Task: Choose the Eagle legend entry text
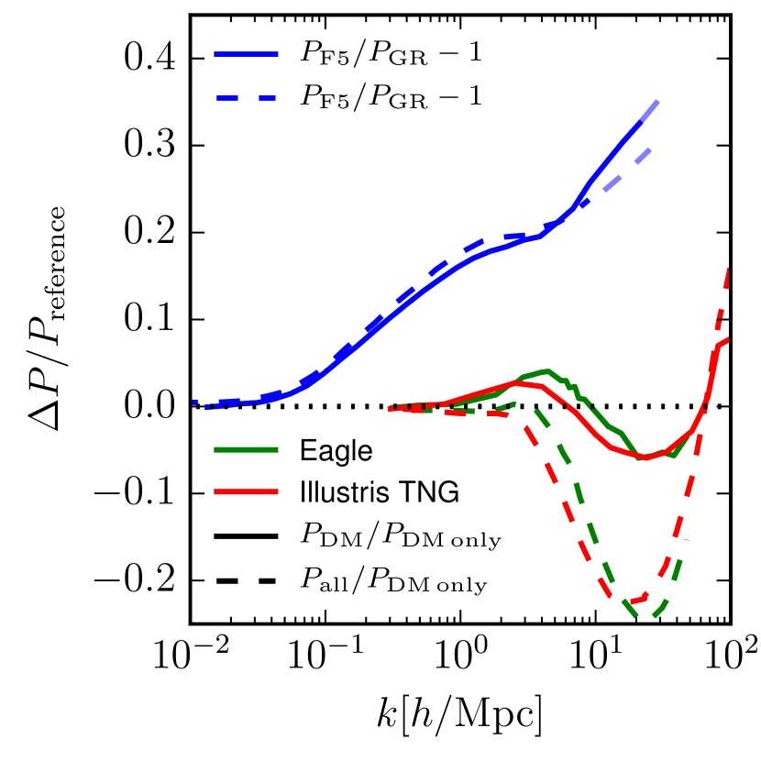coord(334,451)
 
